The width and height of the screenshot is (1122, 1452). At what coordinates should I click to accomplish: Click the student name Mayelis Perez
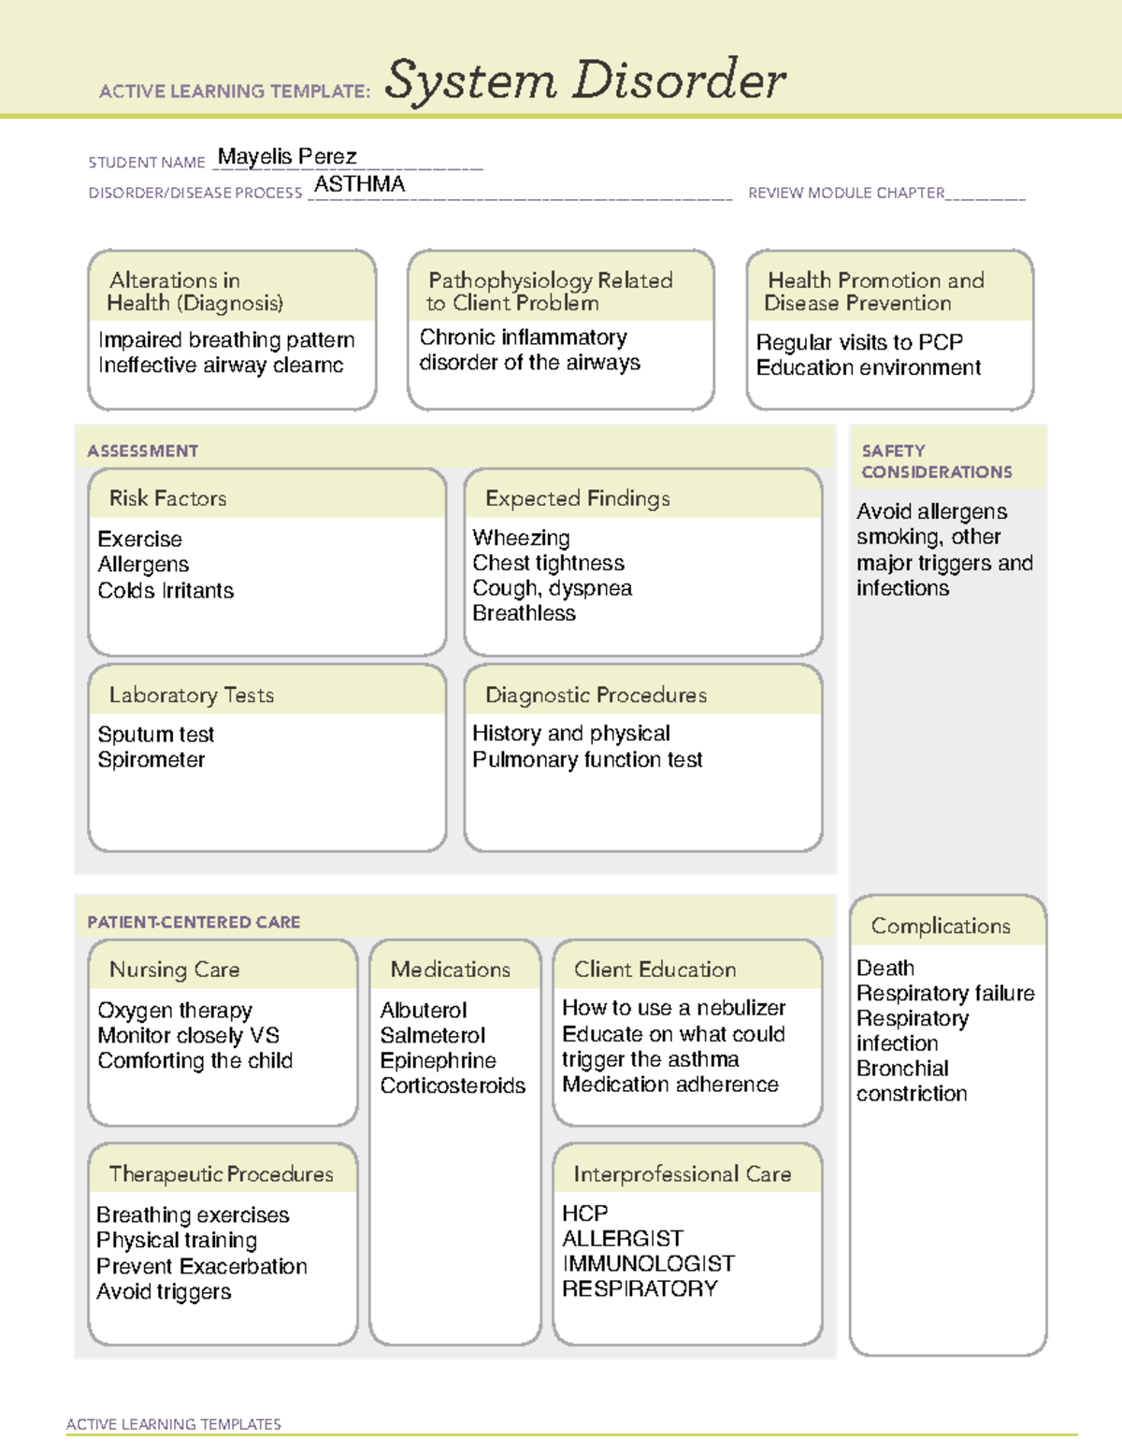tap(287, 156)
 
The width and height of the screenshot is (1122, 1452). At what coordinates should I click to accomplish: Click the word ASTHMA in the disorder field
tap(359, 184)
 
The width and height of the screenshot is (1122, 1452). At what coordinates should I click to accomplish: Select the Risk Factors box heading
tap(167, 498)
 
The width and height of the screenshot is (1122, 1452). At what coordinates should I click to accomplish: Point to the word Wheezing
tap(521, 538)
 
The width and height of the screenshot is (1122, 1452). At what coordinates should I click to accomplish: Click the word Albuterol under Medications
tap(424, 1010)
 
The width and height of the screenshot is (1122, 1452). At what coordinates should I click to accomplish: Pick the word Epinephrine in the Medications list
tap(438, 1060)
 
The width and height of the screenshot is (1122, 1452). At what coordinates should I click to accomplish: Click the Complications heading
tap(941, 926)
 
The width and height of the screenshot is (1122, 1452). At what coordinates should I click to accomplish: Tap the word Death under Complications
tap(885, 968)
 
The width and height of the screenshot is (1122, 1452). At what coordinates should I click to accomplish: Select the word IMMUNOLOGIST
tap(648, 1263)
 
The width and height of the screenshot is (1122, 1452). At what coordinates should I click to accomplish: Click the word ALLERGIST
tap(623, 1238)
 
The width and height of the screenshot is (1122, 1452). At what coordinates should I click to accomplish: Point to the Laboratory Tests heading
tap(192, 695)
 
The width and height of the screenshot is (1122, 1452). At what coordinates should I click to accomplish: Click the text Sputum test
tap(156, 734)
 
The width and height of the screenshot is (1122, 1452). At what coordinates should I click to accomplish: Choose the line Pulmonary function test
tap(587, 759)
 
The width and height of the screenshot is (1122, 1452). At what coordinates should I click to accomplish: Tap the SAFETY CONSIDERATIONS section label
tap(936, 461)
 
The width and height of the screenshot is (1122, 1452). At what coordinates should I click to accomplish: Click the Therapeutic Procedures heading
tap(221, 1173)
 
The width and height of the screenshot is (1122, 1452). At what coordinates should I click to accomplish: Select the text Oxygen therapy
tap(175, 1010)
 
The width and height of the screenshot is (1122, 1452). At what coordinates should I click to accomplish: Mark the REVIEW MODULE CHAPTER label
tap(846, 193)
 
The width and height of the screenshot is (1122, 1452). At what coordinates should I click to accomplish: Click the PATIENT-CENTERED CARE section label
tap(194, 922)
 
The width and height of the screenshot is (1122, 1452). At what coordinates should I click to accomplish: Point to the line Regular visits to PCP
tap(859, 342)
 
